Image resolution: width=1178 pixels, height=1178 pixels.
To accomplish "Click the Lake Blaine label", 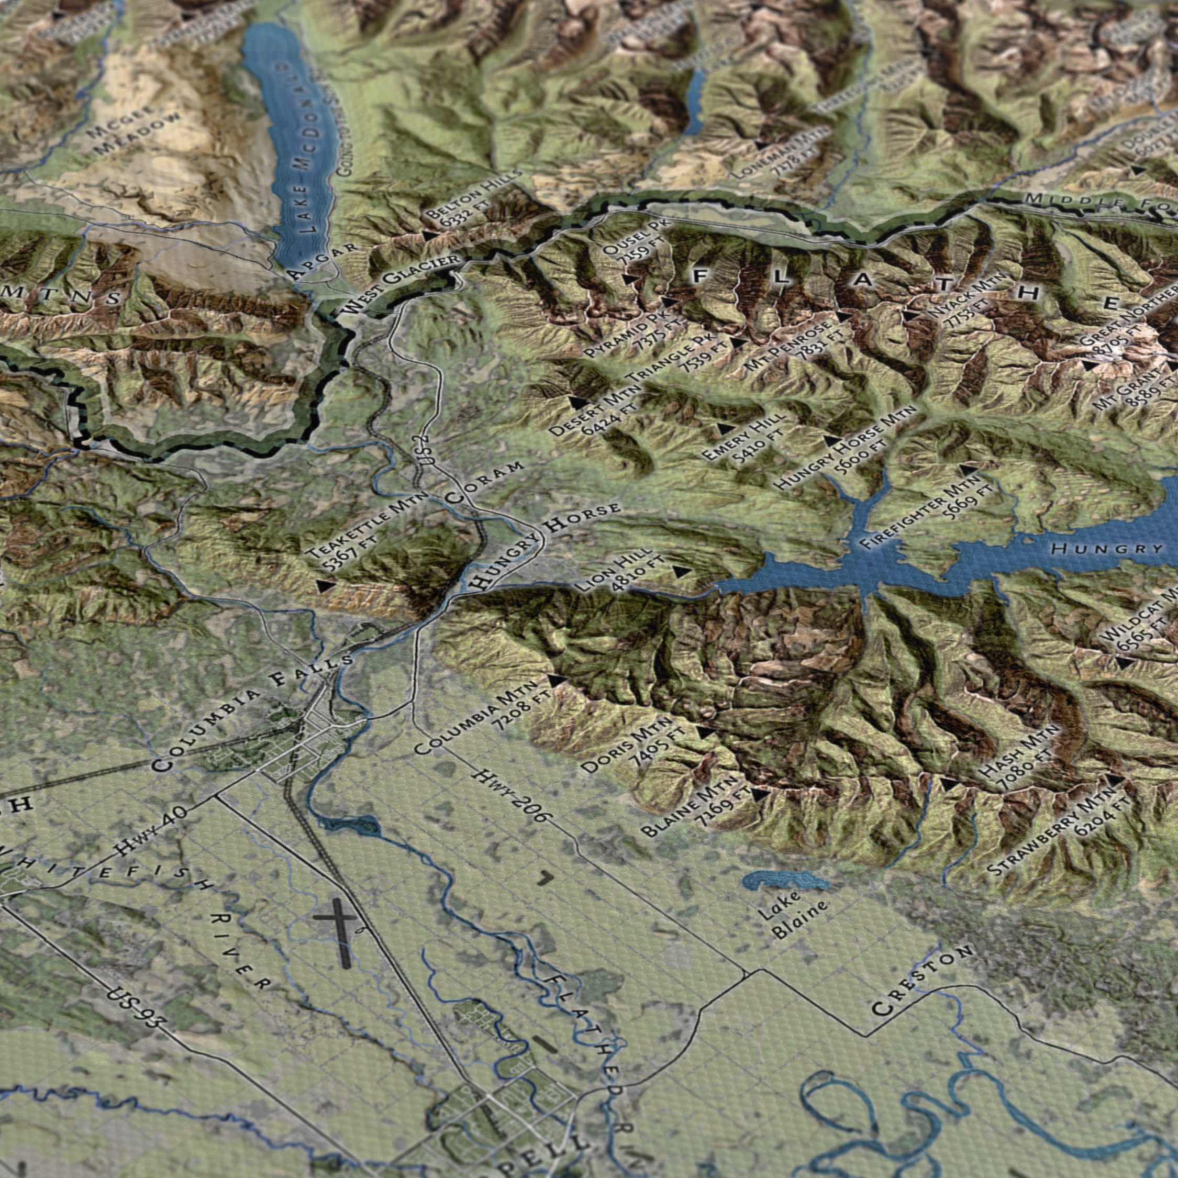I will click(793, 915).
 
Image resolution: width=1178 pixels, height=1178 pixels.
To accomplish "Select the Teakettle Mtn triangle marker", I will click(326, 586).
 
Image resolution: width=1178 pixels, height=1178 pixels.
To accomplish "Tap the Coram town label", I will click(484, 482).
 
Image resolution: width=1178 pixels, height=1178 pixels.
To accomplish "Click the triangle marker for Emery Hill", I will click(726, 429).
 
